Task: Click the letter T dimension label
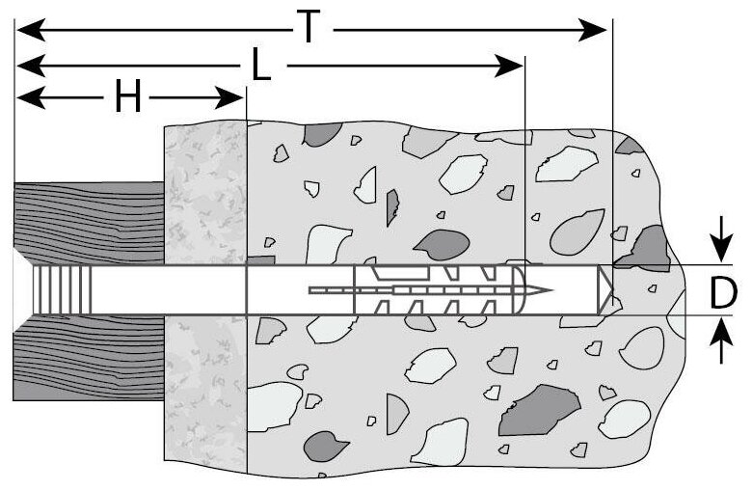[x=307, y=28]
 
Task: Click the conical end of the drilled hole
[x=606, y=289]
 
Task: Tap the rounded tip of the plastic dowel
[x=524, y=289]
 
